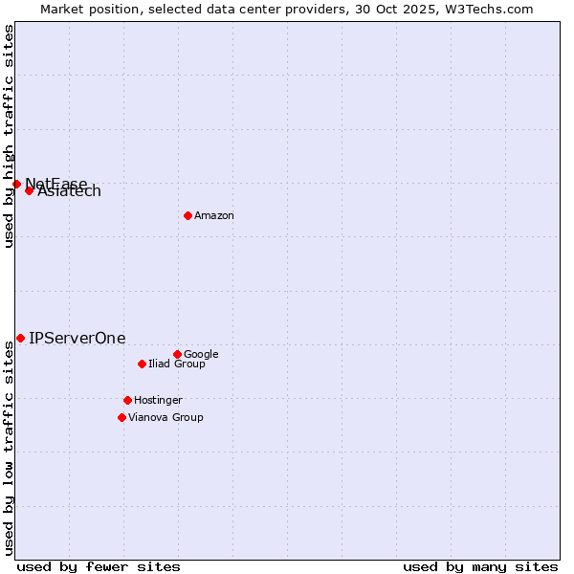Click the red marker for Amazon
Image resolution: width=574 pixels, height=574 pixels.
[x=188, y=215]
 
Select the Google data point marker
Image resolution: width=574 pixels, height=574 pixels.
[x=177, y=354]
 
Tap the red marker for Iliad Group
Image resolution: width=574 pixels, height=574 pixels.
[x=142, y=364]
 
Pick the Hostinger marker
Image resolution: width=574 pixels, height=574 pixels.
[x=127, y=400]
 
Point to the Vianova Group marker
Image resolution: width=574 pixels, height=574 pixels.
[x=121, y=417]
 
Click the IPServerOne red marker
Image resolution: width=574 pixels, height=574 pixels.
[x=20, y=338]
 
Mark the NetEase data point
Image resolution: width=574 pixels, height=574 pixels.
[x=16, y=184]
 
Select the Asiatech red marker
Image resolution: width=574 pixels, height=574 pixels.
[x=29, y=190]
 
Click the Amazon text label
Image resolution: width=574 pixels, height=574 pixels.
[x=214, y=216]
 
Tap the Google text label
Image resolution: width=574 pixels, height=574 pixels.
[x=201, y=355]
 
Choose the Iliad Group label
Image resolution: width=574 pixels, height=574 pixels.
[x=177, y=364]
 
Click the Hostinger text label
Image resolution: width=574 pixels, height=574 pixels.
[x=158, y=401]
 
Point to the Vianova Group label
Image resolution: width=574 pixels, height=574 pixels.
[x=166, y=418]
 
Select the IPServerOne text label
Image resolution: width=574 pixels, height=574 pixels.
[x=77, y=339]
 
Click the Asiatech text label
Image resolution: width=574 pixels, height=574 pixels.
[x=70, y=192]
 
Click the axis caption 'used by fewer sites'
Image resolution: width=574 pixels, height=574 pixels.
[x=99, y=567]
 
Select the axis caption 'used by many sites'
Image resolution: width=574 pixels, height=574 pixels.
[x=480, y=567]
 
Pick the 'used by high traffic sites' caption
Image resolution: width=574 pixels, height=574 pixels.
[x=9, y=136]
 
